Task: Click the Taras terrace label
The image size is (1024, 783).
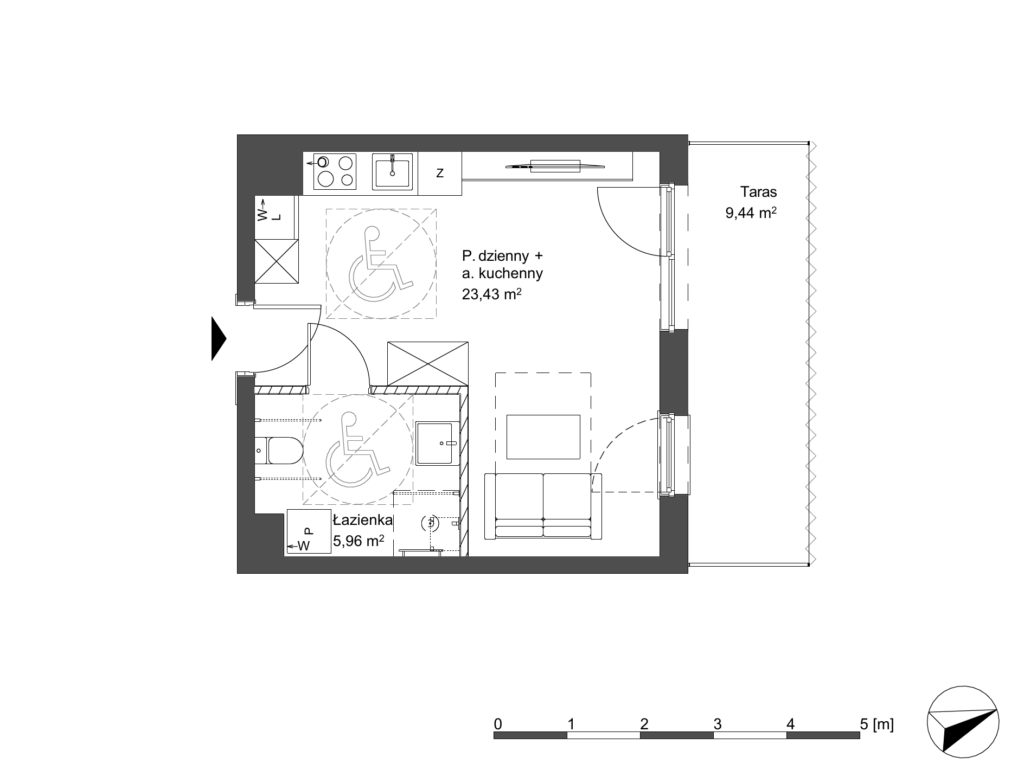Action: [759, 192]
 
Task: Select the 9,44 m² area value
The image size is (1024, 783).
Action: [751, 213]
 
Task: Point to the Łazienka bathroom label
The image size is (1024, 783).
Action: [362, 521]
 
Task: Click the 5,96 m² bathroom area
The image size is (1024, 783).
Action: [359, 541]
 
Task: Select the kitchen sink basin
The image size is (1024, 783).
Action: [392, 171]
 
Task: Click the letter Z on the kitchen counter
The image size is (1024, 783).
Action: [440, 174]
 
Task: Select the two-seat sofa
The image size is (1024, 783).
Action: [543, 506]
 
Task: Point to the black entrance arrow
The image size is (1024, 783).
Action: [218, 338]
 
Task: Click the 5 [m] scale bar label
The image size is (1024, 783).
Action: [876, 724]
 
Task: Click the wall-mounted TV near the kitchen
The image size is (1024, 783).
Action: [555, 165]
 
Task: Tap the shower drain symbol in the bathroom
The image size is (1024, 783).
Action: [431, 523]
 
